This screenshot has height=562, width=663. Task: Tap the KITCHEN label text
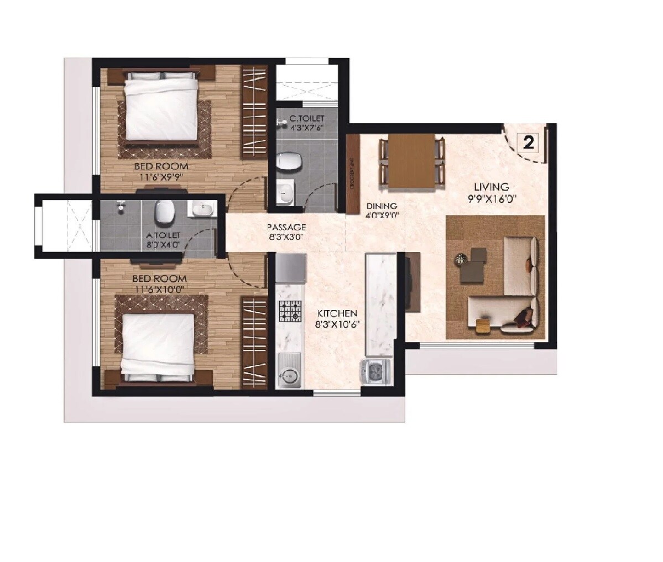(337, 313)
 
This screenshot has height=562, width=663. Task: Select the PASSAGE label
(286, 227)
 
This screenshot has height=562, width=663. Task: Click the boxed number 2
(528, 143)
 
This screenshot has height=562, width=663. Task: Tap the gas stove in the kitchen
(290, 311)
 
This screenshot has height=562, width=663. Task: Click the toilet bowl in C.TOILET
(290, 161)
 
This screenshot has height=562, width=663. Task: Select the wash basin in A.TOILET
(202, 209)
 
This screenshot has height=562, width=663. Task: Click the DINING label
(382, 206)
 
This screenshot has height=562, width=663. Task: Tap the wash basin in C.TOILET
(286, 193)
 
